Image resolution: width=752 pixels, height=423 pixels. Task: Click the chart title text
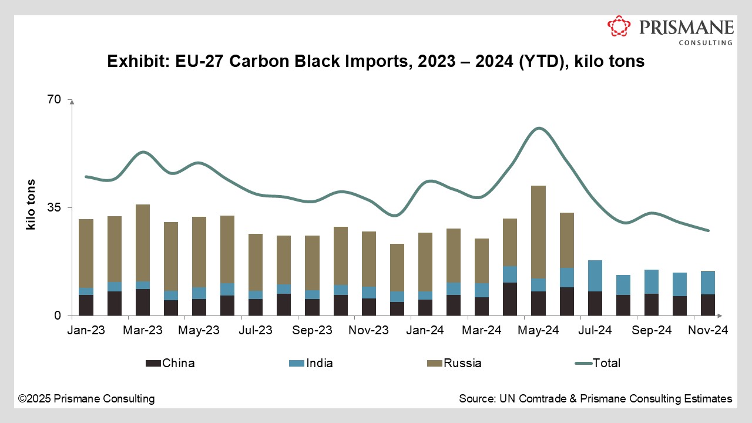[375, 61]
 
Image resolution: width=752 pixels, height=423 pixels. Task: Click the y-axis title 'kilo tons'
[31, 204]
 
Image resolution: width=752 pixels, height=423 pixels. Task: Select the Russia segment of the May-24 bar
[538, 232]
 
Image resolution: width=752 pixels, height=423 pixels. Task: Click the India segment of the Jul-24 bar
[595, 276]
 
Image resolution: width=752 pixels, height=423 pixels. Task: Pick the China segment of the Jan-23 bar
[86, 305]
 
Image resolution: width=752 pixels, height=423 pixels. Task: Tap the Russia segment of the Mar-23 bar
[143, 243]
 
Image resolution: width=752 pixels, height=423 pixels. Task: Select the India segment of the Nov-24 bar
[707, 283]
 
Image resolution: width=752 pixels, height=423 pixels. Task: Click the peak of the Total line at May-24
[538, 128]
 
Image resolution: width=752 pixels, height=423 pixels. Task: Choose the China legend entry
[170, 363]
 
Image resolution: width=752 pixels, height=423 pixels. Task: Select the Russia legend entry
[454, 363]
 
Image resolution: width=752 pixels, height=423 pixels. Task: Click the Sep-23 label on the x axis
[313, 331]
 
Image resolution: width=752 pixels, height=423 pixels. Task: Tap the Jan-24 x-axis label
[425, 331]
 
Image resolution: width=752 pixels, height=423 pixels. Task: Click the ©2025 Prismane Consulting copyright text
[86, 399]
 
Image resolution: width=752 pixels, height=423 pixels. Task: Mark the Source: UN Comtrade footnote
[595, 399]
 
